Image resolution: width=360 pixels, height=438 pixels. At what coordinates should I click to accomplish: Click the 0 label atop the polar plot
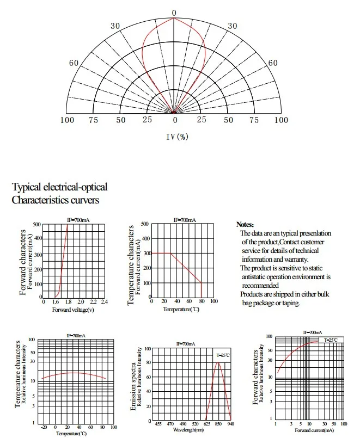(x=174, y=13)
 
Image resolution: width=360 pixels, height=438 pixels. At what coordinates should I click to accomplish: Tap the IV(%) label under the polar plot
(x=177, y=137)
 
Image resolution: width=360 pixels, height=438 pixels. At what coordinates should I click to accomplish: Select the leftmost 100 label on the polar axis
(x=67, y=120)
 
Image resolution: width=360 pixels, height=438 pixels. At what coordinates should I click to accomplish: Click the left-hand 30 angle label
(x=115, y=26)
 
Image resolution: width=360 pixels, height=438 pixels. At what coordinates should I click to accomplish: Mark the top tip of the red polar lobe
(x=174, y=18)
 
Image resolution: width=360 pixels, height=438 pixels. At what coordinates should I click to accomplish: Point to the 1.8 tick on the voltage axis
(x=68, y=301)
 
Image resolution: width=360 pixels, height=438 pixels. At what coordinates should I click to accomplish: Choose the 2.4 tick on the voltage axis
(x=104, y=301)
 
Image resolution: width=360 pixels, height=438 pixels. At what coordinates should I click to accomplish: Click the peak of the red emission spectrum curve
(x=218, y=362)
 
